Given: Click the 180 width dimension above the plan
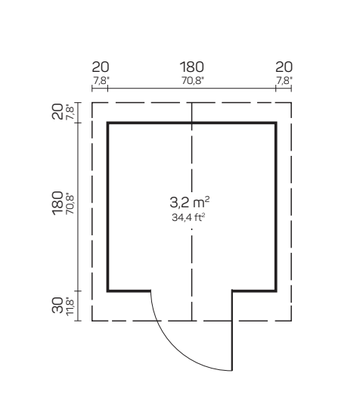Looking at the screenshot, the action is pyautogui.click(x=191, y=67).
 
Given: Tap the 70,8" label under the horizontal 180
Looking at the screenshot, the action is pyautogui.click(x=193, y=81).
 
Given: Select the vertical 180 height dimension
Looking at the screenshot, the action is pyautogui.click(x=57, y=203).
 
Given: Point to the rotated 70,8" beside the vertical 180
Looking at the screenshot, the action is pyautogui.click(x=70, y=204).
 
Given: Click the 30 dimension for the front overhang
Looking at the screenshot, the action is pyautogui.click(x=57, y=305).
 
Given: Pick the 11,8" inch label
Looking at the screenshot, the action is pyautogui.click(x=70, y=306).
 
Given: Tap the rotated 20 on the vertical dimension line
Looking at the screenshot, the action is pyautogui.click(x=57, y=111).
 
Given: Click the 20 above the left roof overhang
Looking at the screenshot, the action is pyautogui.click(x=101, y=67).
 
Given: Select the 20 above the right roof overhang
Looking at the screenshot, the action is pyautogui.click(x=284, y=67).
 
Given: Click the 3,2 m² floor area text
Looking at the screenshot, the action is pyautogui.click(x=190, y=202).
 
